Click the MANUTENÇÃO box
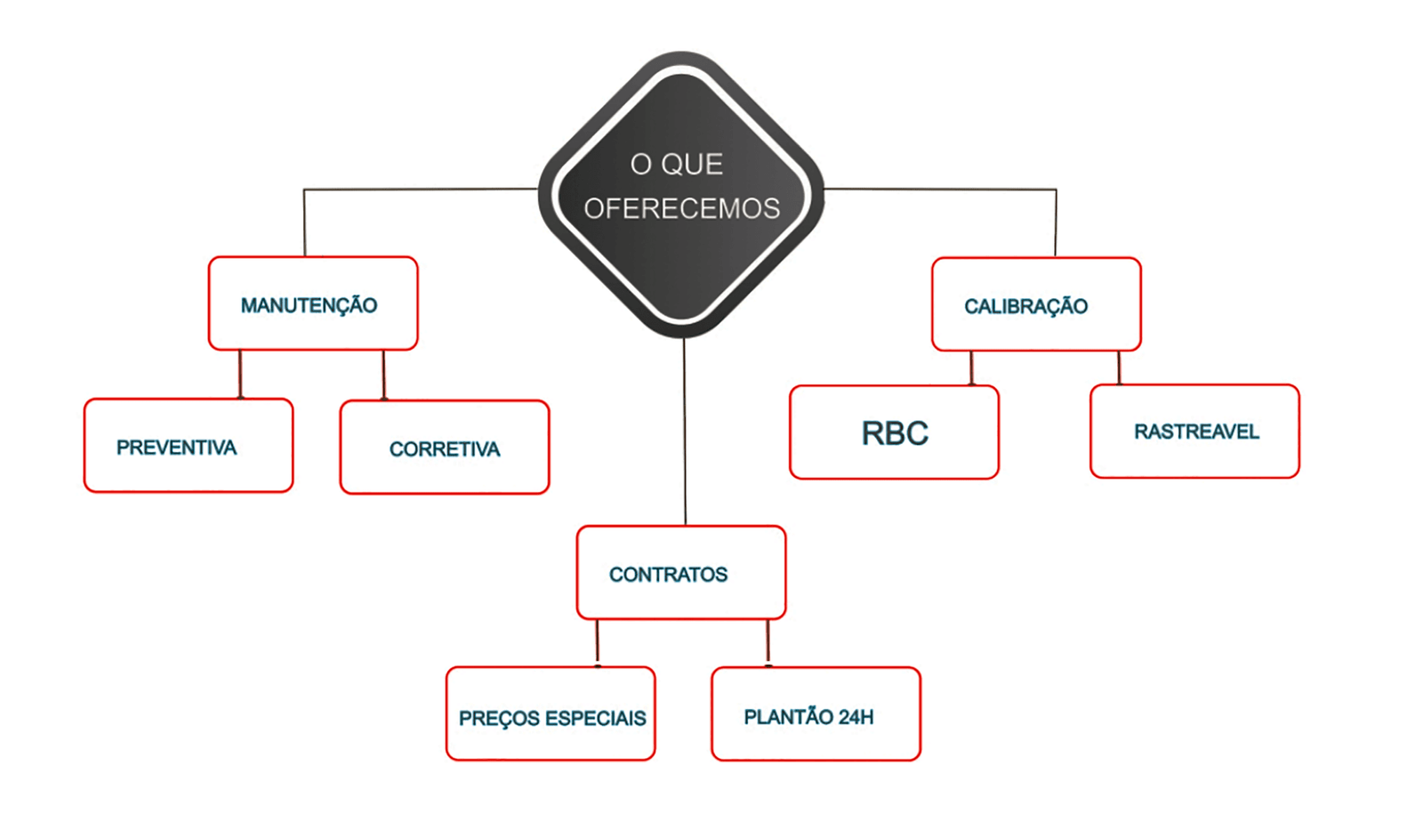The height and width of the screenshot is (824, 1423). tap(313, 303)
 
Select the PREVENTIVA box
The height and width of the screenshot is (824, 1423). tap(189, 446)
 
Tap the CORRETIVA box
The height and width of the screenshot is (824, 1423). tap(445, 448)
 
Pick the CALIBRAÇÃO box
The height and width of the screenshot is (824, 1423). tap(1036, 304)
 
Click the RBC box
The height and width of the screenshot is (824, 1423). tap(894, 432)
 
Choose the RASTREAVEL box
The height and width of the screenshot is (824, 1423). tap(1194, 432)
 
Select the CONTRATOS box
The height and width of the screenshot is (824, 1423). tap(681, 573)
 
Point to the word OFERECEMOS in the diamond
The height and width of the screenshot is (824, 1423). tap(681, 208)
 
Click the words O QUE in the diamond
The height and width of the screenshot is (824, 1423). tap(677, 165)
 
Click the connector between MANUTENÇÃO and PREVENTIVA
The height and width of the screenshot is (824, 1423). tap(240, 374)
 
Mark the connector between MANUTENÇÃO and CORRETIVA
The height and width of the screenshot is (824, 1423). tap(383, 375)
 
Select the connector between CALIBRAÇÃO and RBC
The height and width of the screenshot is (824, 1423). tap(971, 368)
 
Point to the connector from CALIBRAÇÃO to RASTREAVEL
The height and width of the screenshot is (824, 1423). tap(1119, 368)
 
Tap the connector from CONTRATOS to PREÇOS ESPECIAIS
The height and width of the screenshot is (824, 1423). tap(597, 642)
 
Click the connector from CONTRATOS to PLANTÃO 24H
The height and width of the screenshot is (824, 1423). tap(768, 642)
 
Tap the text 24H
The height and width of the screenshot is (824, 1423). tap(856, 717)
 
